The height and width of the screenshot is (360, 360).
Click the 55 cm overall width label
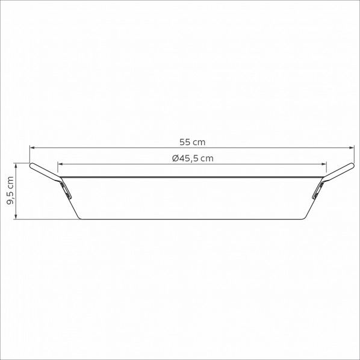[192, 142]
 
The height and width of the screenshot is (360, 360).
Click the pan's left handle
[43, 171]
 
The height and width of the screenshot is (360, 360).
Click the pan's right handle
[341, 171]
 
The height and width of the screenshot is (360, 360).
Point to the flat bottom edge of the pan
[192, 219]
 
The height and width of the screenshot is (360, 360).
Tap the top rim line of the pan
[192, 177]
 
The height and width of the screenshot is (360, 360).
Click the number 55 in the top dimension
[185, 142]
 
